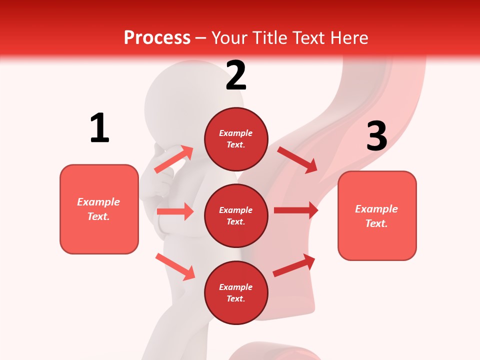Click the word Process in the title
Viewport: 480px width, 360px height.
[157, 37]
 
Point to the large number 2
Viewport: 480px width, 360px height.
[236, 75]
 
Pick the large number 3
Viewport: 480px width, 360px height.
[376, 136]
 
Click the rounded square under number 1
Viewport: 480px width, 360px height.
[99, 209]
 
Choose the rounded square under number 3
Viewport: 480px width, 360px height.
[377, 215]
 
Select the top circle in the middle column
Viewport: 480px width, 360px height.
[236, 139]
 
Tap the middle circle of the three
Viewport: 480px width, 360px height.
[236, 215]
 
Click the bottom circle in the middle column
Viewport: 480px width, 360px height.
[236, 292]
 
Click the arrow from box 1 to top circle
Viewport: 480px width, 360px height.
[173, 159]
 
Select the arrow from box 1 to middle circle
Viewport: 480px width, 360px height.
[175, 211]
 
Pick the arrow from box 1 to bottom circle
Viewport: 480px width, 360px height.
[175, 266]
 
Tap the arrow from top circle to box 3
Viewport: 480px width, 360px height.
[297, 159]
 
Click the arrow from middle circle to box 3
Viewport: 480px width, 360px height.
[296, 210]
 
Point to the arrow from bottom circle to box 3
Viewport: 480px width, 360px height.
[294, 265]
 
